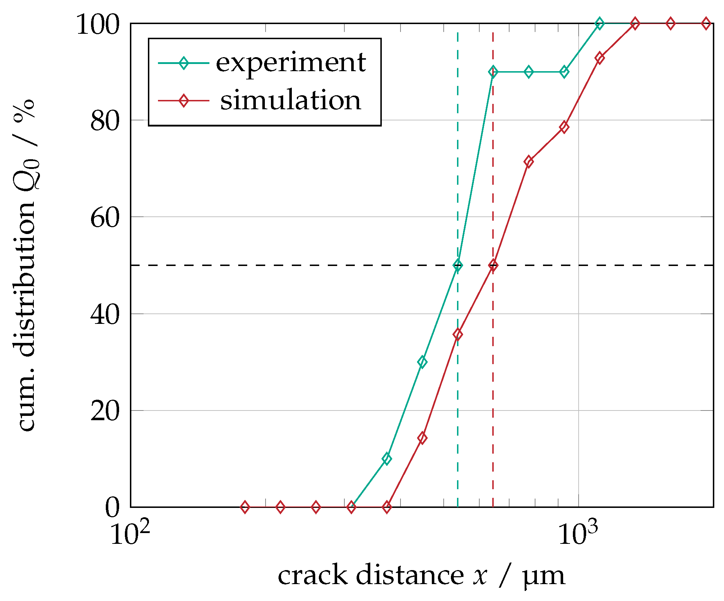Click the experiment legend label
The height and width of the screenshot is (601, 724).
coord(290,63)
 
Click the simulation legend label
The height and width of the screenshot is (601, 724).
coord(290,100)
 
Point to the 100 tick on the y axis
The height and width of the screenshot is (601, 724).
coord(98,24)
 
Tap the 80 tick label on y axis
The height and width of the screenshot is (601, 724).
coord(104,121)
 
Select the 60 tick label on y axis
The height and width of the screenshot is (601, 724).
coord(104,218)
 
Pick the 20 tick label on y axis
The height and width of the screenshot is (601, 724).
coord(104,412)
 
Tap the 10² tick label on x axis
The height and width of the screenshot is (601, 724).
coord(130,533)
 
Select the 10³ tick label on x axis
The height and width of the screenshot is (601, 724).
coord(578,533)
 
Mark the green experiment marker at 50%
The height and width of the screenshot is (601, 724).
coord(458,266)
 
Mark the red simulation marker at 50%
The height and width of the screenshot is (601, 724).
coord(493,266)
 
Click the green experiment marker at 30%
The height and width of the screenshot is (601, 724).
coord(422,362)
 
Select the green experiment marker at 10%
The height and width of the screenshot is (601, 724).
coord(387,459)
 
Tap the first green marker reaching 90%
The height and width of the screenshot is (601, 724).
coord(493,72)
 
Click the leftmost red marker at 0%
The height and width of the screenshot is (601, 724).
coord(245,507)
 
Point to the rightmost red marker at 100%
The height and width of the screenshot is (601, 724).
coord(706,24)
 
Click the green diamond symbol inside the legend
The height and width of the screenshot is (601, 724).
coord(184,63)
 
